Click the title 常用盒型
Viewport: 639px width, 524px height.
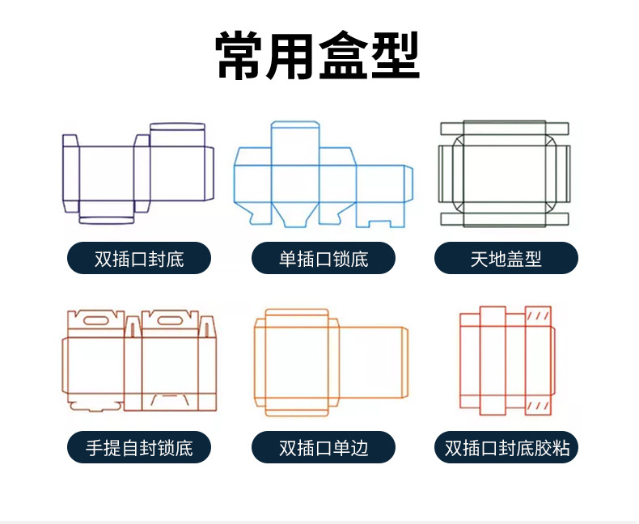tap(319, 55)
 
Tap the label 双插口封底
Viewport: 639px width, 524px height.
tap(139, 259)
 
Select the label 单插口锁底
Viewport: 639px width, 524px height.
tap(324, 259)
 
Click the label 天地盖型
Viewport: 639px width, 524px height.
tap(506, 259)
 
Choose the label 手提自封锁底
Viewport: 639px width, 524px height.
tap(139, 447)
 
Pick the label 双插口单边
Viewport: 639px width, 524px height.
tap(324, 447)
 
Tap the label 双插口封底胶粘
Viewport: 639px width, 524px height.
tap(506, 447)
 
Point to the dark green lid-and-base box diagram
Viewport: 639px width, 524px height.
tap(505, 173)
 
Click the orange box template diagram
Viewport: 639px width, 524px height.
tap(330, 361)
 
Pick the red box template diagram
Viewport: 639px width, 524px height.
tap(506, 361)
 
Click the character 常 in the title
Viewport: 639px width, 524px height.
tap(241, 55)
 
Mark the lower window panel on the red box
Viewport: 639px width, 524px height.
tap(538, 404)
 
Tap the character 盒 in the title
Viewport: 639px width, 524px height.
tap(344, 55)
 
